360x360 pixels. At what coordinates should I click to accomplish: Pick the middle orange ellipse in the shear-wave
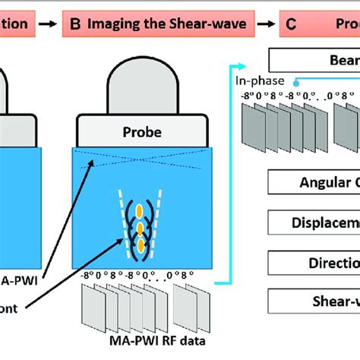[140, 227]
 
